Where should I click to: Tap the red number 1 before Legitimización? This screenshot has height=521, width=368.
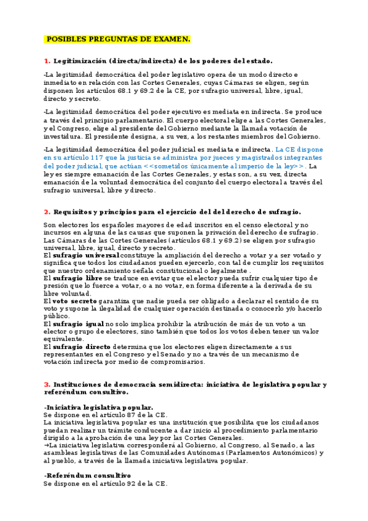(46, 61)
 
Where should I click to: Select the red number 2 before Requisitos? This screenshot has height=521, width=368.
(46, 211)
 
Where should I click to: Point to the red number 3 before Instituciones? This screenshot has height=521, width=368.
(46, 385)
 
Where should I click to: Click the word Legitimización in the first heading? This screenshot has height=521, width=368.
(80, 61)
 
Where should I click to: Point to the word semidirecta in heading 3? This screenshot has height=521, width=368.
(163, 385)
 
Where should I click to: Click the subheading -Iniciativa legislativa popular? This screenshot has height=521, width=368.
(98, 407)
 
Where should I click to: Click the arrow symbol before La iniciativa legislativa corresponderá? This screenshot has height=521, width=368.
(46, 445)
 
